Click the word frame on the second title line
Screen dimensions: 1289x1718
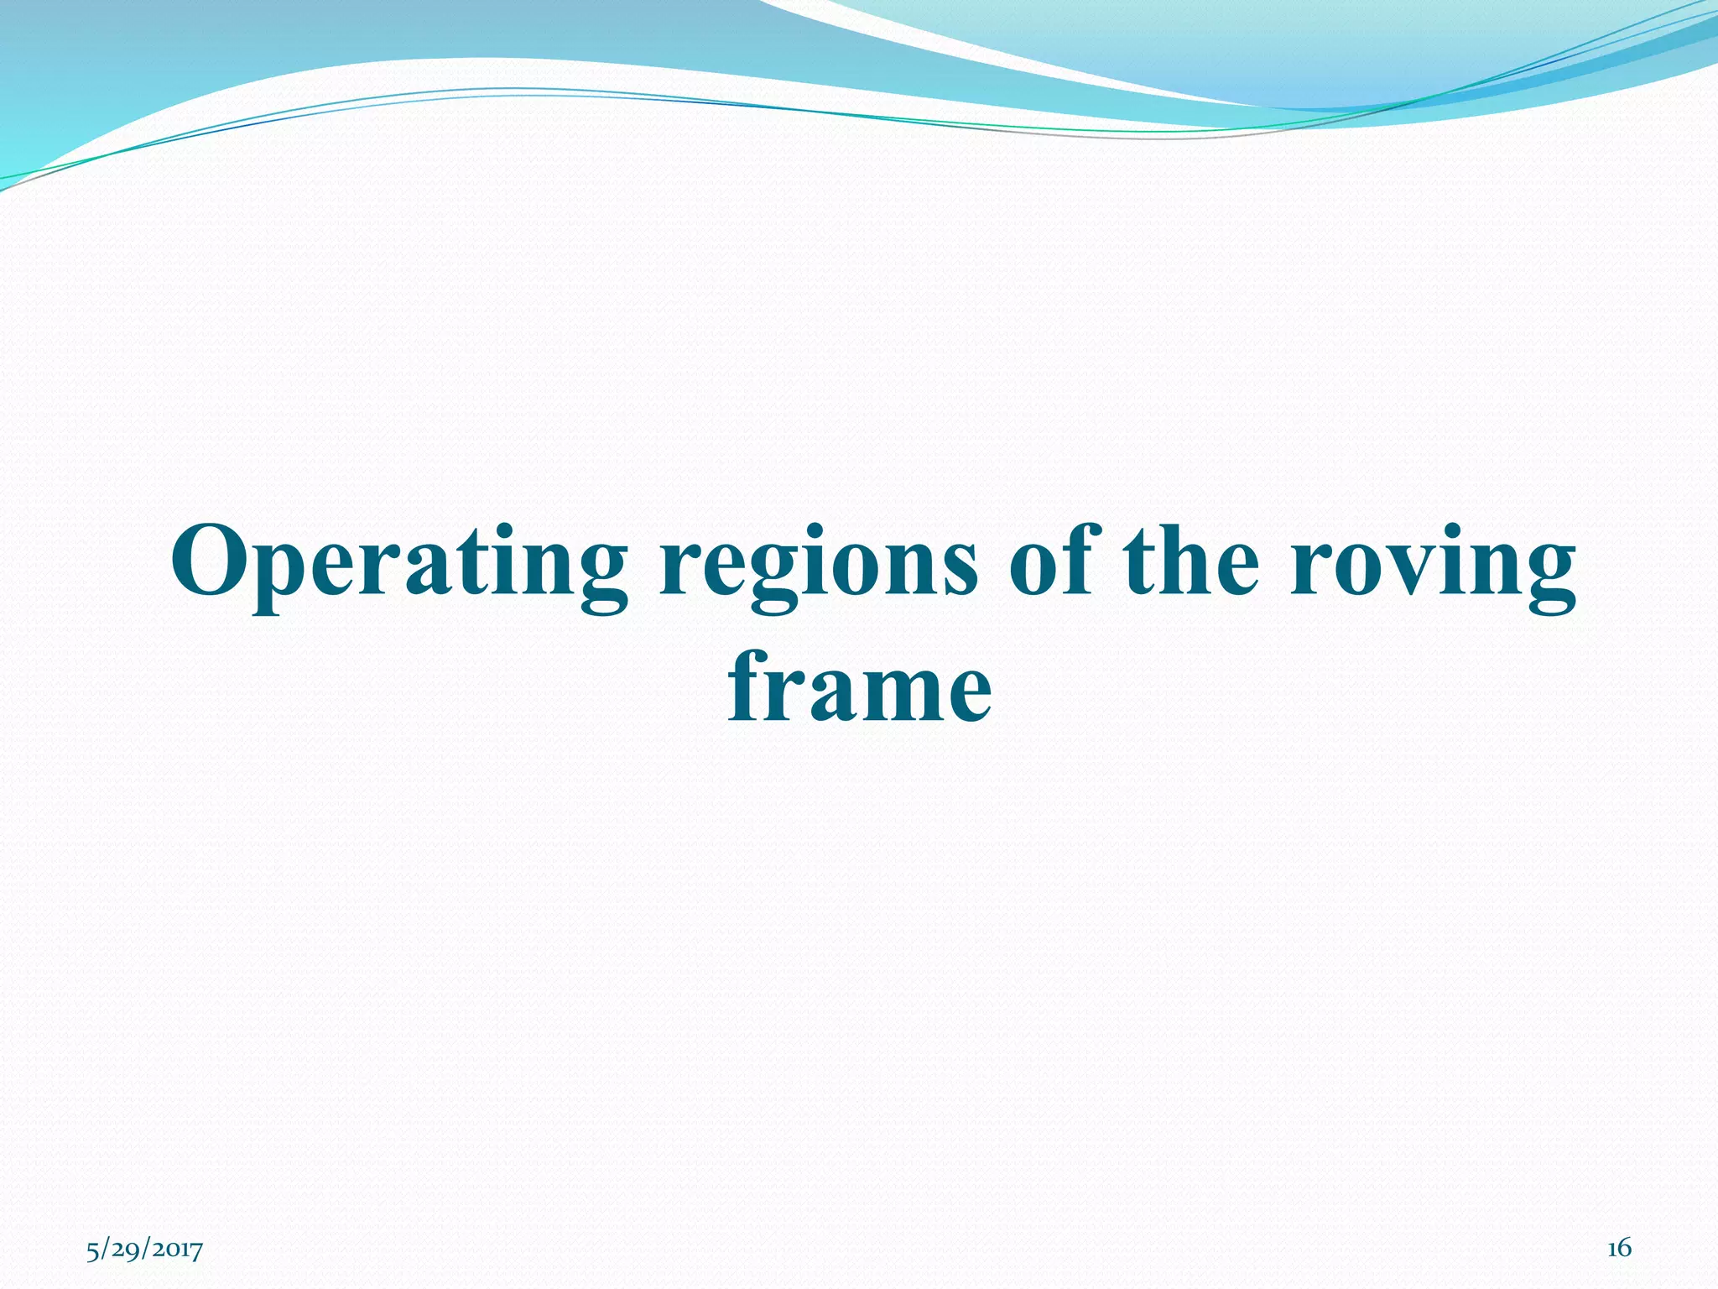859,688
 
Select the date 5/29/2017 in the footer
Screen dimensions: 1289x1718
144,1250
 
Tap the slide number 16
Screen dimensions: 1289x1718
1619,1249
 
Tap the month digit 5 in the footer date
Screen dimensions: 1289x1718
92,1250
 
